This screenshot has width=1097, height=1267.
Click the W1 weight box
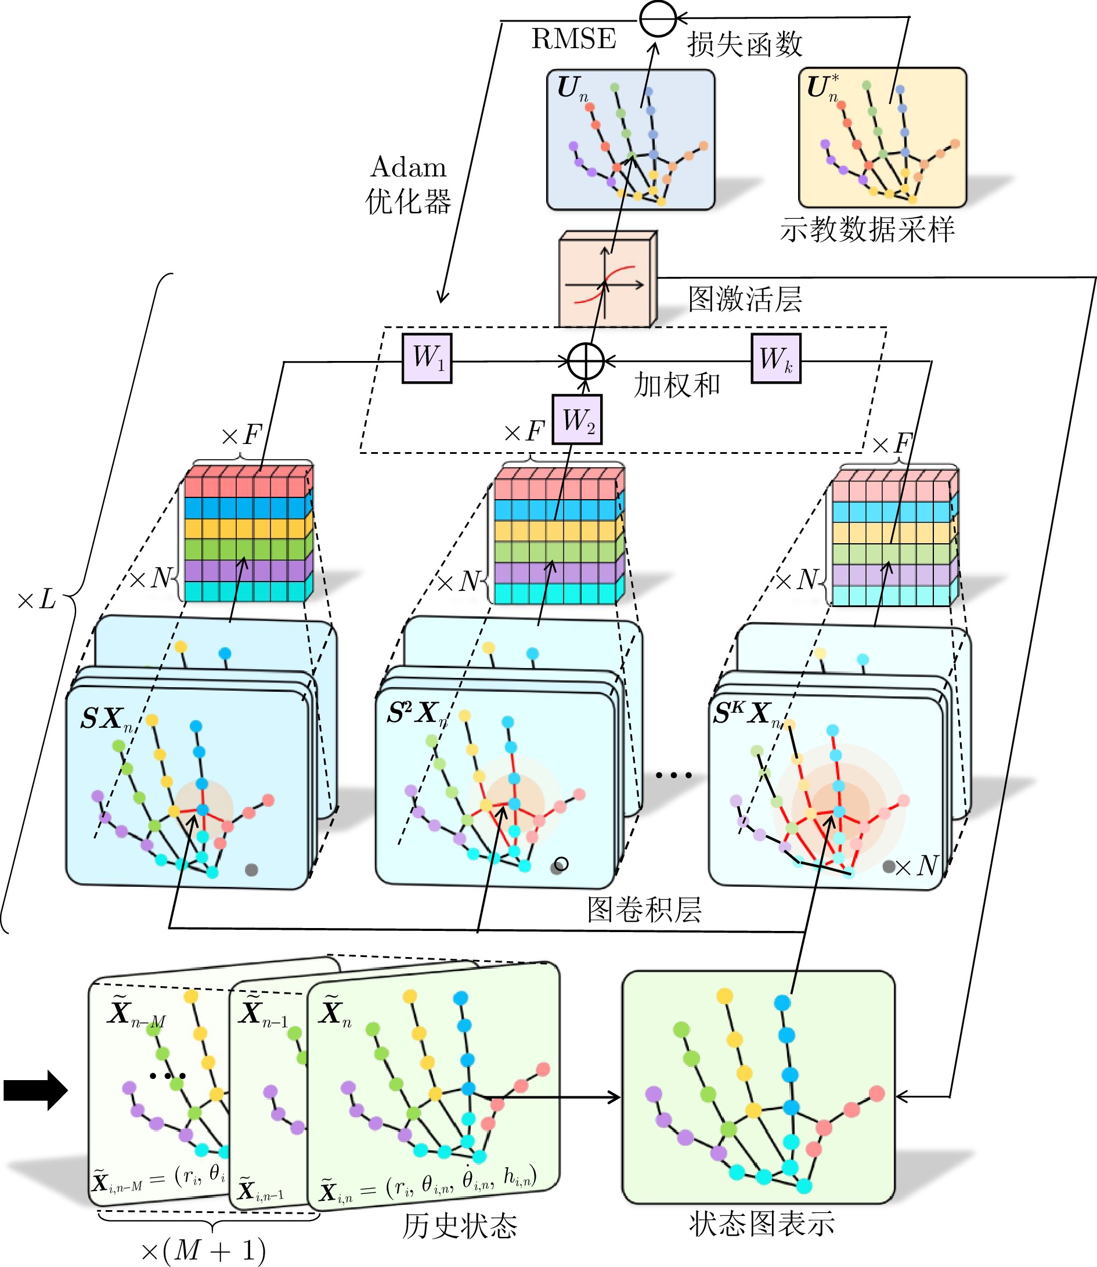[427, 358]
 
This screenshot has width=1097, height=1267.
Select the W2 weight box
[577, 419]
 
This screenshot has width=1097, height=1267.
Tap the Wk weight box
[775, 358]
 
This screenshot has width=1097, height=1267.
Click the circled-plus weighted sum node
[586, 361]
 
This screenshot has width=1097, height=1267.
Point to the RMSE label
[573, 39]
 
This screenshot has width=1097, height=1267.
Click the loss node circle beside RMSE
[658, 19]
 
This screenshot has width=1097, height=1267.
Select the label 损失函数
[744, 44]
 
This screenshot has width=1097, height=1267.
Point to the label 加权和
[676, 385]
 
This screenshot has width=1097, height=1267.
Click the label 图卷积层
[644, 909]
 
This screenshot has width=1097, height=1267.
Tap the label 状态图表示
[762, 1223]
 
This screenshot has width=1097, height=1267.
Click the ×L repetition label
[37, 600]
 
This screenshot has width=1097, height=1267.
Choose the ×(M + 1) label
[203, 1250]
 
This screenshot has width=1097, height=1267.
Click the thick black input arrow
[35, 1090]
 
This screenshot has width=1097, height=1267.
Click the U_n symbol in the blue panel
[572, 89]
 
